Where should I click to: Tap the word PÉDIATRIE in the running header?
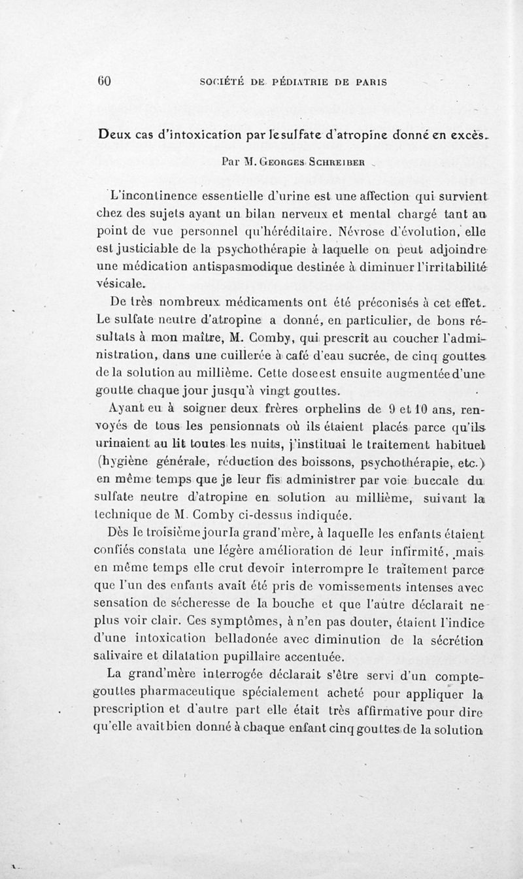coord(270,82)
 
